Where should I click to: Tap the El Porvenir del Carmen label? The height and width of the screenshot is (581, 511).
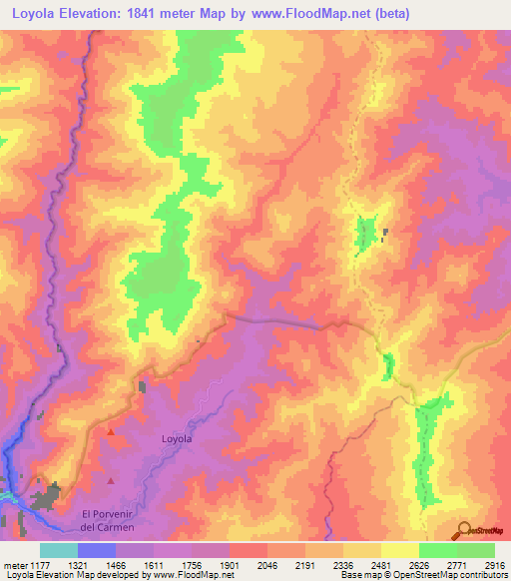point(108,520)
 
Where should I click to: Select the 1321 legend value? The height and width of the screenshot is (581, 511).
point(78,564)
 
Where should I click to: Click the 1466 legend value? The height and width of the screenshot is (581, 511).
point(116,564)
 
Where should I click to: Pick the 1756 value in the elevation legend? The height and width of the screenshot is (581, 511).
point(192,564)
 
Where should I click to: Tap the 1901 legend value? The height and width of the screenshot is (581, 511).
point(230,564)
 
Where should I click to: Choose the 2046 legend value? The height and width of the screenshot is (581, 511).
point(267,564)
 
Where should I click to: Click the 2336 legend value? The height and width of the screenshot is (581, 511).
point(342,564)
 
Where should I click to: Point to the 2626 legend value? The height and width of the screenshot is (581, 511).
point(418,564)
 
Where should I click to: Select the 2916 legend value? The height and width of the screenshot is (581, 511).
point(493,564)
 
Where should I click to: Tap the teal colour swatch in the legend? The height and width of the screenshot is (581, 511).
point(59,550)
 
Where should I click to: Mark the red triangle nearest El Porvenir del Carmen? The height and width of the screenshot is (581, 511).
point(111,481)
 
